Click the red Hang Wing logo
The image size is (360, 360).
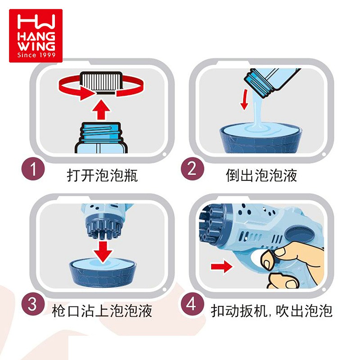pyautogui.click(x=36, y=36)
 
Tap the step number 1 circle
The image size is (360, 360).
pyautogui.click(x=33, y=169)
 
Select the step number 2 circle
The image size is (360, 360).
pyautogui.click(x=192, y=169)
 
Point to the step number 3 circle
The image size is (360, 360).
pyautogui.click(x=33, y=304)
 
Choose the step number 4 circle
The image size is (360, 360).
pyautogui.click(x=192, y=305)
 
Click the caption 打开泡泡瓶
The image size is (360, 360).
pyautogui.click(x=102, y=175)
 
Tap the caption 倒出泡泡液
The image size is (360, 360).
pyautogui.click(x=261, y=175)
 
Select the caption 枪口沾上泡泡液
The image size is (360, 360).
pyautogui.click(x=102, y=311)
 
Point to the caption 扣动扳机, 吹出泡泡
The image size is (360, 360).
pyautogui.click(x=272, y=311)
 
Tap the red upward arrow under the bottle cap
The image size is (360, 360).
pyautogui.click(x=101, y=109)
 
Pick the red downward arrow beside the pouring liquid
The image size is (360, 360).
pyautogui.click(x=244, y=99)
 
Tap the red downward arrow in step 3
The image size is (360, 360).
pyautogui.click(x=103, y=252)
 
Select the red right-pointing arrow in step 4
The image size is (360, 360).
pyautogui.click(x=221, y=266)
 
